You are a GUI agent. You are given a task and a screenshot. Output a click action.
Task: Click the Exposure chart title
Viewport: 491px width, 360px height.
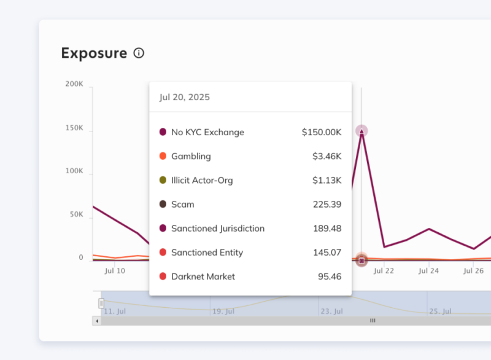[94, 53]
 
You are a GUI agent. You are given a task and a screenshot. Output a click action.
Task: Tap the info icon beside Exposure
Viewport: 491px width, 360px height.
[139, 53]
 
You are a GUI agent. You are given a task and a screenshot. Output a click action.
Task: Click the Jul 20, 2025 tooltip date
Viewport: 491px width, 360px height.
[184, 97]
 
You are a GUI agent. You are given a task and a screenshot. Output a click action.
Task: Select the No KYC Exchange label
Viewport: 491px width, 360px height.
[207, 132]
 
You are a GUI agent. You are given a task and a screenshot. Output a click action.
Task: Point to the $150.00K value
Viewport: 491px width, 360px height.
[322, 132]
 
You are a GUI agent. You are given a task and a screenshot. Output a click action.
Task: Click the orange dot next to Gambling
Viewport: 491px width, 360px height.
[163, 156]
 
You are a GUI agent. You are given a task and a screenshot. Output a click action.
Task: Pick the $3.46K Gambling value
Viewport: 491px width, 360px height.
[327, 156]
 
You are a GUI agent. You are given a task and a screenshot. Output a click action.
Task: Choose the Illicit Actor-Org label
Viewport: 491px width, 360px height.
[202, 180]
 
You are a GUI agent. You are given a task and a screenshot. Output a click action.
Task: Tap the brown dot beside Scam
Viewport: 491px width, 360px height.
[163, 204]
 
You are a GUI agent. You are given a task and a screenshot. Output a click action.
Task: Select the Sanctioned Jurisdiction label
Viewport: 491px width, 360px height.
[218, 229]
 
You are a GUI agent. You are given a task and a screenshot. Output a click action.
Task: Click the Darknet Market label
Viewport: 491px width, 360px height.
[203, 276]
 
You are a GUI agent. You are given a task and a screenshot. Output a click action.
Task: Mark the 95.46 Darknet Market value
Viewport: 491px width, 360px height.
[329, 276]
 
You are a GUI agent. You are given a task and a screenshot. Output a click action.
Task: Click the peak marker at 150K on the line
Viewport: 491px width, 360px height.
[361, 131]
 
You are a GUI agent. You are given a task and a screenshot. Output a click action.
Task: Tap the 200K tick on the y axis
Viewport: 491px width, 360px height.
[74, 84]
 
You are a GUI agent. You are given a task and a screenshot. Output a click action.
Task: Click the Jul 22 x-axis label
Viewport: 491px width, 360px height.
[384, 270]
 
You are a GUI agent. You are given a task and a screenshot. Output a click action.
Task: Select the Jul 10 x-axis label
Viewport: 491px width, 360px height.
[115, 270]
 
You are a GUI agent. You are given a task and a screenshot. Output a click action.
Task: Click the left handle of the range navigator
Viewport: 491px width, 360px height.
[101, 303]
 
